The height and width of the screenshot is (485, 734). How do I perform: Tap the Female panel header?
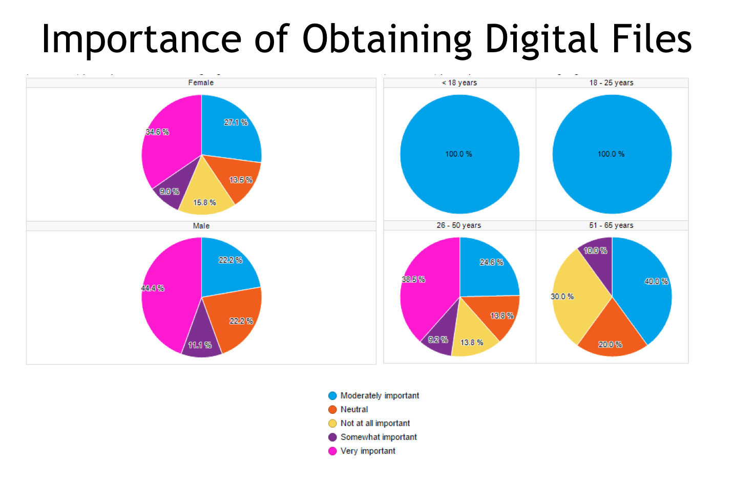click(x=201, y=82)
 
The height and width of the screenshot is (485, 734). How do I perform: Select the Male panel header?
click(x=201, y=226)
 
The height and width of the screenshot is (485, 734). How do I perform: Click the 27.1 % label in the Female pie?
click(x=236, y=122)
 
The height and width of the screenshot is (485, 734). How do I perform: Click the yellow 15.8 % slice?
click(x=204, y=200)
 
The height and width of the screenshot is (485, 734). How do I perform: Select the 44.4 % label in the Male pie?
click(x=153, y=288)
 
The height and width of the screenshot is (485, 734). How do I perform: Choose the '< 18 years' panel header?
click(x=459, y=82)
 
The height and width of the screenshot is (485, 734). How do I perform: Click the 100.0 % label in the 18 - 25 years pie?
click(x=611, y=154)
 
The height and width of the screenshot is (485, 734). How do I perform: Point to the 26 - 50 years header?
click(x=459, y=225)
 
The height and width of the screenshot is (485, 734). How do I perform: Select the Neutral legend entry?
click(x=354, y=410)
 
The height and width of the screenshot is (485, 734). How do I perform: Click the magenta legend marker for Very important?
click(x=332, y=451)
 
